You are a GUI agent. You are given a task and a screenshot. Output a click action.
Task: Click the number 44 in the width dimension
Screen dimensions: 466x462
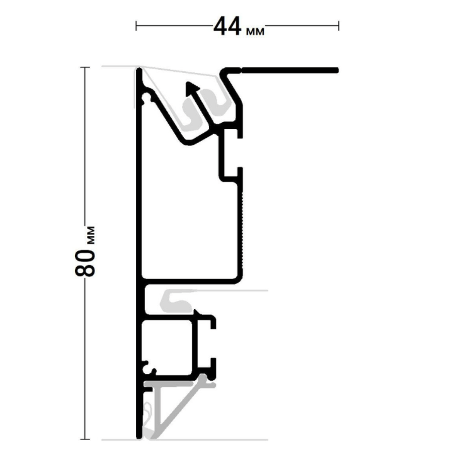(227, 26)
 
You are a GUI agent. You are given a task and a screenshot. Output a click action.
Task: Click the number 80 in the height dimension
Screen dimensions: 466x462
(85, 263)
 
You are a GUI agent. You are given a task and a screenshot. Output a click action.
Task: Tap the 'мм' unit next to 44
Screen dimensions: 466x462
(255, 31)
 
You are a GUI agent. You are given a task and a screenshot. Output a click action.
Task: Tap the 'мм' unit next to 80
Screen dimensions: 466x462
(91, 235)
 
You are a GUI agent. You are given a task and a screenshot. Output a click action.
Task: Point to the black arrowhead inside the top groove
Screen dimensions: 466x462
(191, 88)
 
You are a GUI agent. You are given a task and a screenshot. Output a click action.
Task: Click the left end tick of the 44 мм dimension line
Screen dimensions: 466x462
(136, 26)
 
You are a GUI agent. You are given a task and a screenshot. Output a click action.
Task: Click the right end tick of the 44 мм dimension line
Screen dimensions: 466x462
(339, 26)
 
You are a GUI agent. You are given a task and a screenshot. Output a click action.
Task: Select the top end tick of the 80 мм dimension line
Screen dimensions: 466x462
(85, 68)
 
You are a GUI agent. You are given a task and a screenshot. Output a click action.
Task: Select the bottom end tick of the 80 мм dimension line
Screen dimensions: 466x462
(85, 439)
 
